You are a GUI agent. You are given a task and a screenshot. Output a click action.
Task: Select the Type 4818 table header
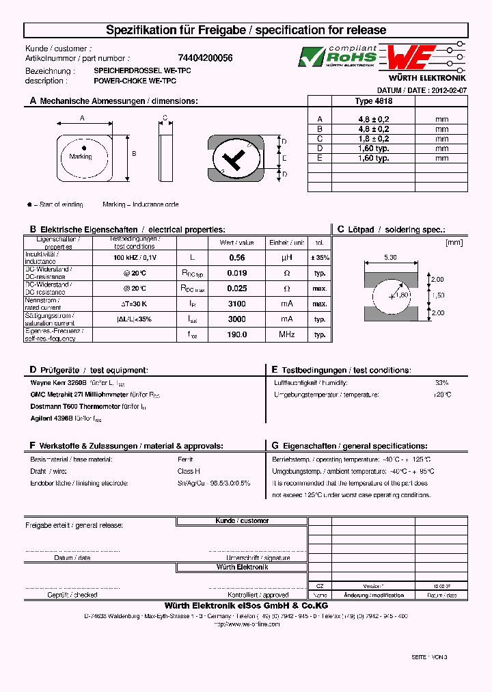[x=373, y=101]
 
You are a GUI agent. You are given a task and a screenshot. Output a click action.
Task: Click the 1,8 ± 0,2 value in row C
[x=373, y=139]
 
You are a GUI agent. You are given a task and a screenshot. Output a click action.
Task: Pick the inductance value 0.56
[x=236, y=258]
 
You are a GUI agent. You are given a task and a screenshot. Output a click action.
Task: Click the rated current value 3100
[x=236, y=304]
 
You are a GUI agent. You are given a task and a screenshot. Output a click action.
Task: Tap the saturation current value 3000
[x=236, y=319]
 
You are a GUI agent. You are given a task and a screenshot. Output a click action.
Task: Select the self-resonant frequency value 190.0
[x=236, y=335]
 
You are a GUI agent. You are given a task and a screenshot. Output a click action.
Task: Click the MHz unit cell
[x=286, y=335]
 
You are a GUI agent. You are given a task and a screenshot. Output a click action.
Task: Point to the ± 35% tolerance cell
[x=319, y=258]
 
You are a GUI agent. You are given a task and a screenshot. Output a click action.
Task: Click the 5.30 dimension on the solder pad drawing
[x=390, y=257]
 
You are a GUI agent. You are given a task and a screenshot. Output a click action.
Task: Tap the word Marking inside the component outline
[x=81, y=157]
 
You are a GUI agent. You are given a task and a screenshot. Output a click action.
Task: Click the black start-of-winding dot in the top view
[x=84, y=148]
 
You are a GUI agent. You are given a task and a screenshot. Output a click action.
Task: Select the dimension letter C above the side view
[x=165, y=118]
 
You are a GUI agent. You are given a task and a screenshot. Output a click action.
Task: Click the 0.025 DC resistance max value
[x=236, y=289]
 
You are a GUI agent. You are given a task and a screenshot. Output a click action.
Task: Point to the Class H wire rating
[x=189, y=471]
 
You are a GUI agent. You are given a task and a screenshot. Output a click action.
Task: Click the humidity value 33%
[x=441, y=383]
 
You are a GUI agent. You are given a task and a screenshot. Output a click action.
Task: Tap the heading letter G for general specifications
[x=275, y=445]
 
